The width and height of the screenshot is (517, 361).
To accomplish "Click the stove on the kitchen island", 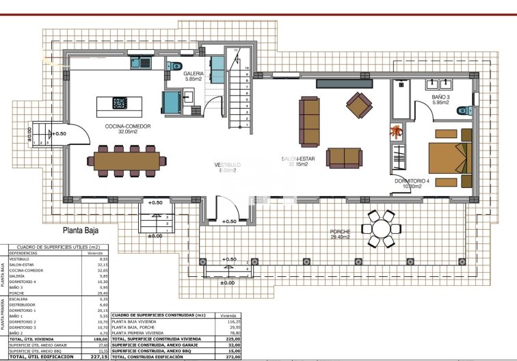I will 120,103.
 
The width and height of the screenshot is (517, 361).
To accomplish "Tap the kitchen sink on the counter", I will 142,64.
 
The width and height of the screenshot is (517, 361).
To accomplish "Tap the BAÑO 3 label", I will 441,98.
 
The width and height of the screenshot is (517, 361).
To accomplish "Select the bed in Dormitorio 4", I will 449,157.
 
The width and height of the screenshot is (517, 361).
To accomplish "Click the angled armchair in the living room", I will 359,105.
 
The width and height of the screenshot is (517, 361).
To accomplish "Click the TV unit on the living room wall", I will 344,83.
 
